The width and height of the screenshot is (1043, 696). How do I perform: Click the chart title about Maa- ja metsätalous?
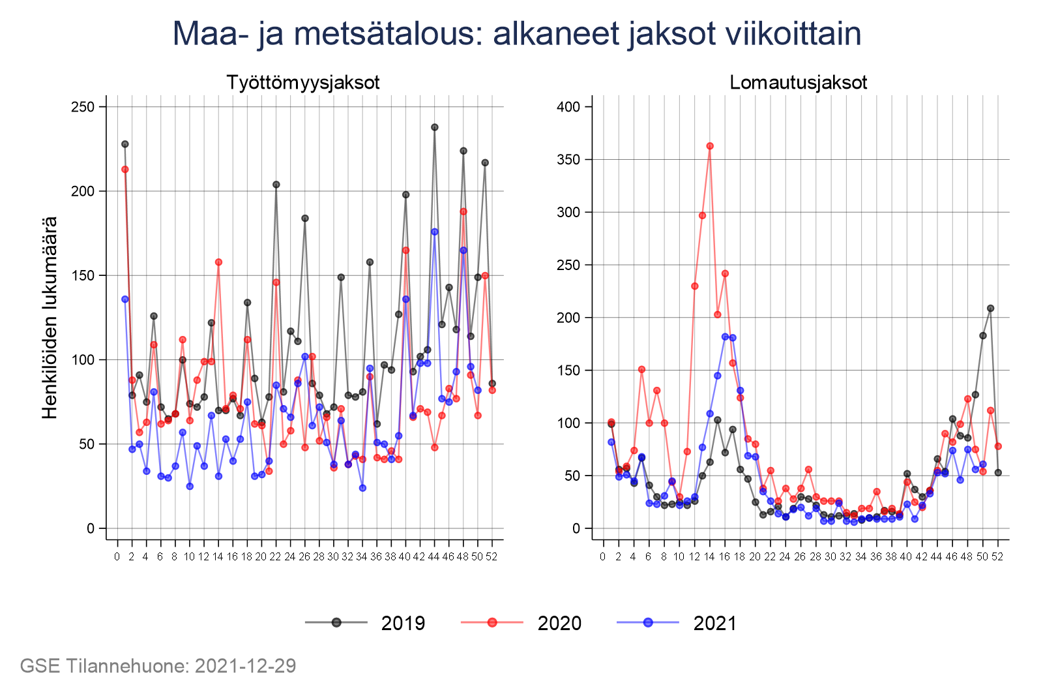click(517, 34)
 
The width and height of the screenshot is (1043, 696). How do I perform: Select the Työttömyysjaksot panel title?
click(303, 83)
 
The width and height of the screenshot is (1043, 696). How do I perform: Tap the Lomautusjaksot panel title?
click(799, 83)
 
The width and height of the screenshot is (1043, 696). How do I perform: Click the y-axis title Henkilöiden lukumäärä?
click(50, 317)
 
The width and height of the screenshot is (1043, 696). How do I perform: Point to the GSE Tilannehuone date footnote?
click(158, 666)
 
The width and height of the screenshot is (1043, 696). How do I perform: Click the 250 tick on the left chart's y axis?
click(83, 107)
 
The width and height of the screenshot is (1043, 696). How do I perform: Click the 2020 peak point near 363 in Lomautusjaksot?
click(710, 146)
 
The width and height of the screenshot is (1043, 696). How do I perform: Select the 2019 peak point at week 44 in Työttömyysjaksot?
click(435, 127)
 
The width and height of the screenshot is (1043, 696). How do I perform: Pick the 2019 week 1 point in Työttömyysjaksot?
click(125, 144)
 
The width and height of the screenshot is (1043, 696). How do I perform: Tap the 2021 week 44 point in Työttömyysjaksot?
click(435, 232)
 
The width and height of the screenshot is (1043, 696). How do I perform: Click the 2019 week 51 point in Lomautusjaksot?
click(991, 308)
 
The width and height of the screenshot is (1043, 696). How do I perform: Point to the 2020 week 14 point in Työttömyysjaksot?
click(218, 262)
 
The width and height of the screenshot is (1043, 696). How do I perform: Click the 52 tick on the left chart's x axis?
click(492, 557)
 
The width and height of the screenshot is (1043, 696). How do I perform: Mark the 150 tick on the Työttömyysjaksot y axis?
click(83, 275)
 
